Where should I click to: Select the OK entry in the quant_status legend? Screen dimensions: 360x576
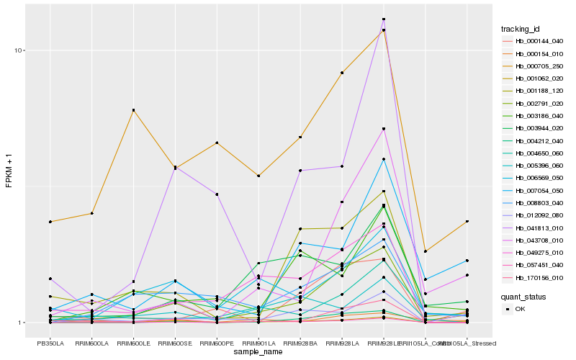(x=520, y=309)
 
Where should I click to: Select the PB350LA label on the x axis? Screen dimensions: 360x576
(x=50, y=343)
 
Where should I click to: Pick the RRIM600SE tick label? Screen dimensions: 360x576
(x=175, y=343)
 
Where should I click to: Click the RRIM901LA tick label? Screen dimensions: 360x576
(x=258, y=343)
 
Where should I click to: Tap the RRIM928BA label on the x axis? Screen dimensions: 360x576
(x=300, y=343)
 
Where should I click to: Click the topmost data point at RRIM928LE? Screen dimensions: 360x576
(x=384, y=19)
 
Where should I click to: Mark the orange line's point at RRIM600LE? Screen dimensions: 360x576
(x=134, y=110)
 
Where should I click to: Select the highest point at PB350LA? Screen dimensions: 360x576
(x=50, y=222)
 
